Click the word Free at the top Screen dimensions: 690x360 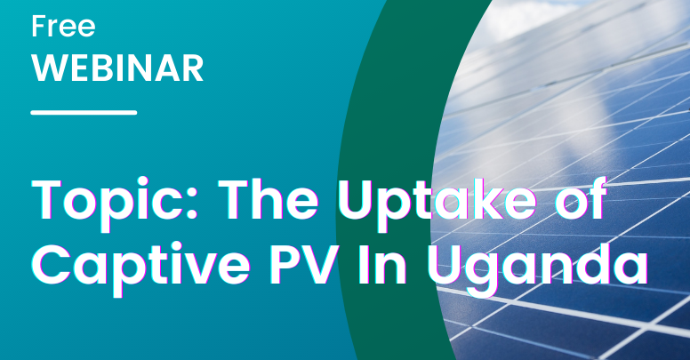[63, 26]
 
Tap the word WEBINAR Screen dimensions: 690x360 [117, 68]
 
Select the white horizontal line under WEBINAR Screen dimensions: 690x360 [84, 113]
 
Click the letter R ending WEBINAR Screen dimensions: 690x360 [193, 68]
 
